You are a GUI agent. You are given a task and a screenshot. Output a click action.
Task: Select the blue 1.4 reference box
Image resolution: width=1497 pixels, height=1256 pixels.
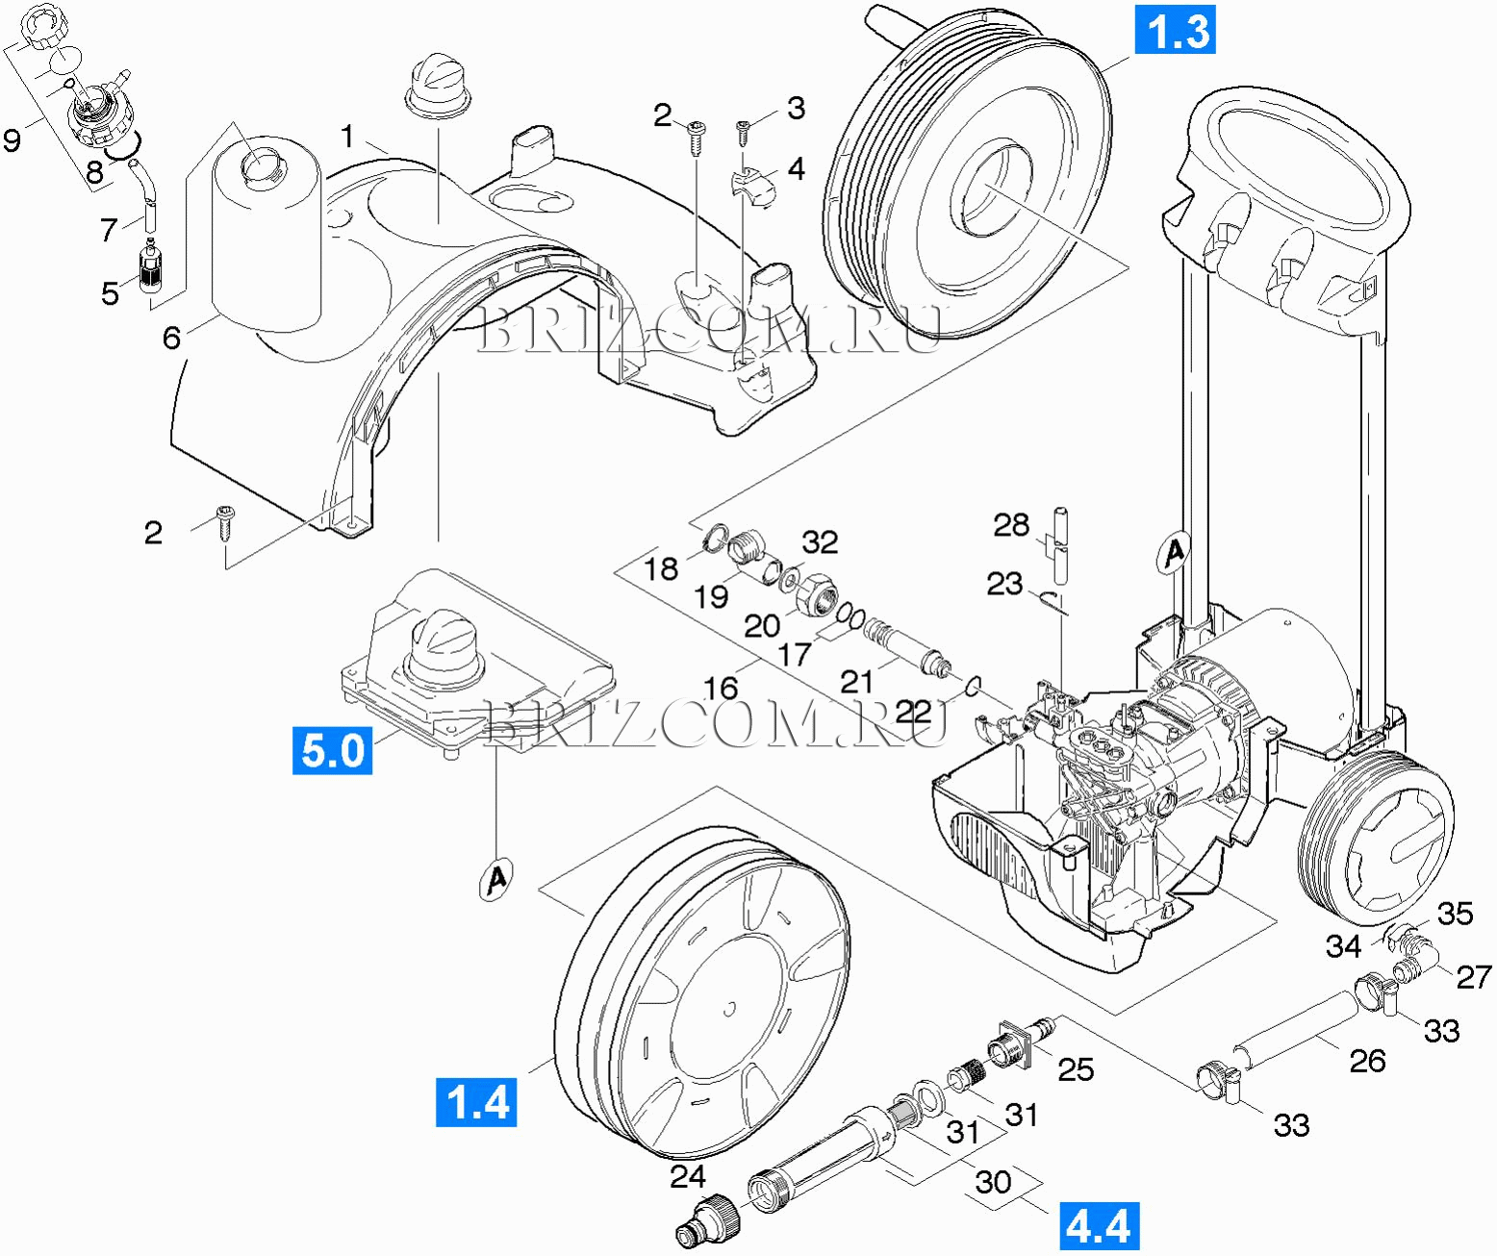click(476, 1101)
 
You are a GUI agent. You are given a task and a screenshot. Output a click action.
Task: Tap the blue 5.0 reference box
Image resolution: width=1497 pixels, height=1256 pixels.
click(332, 750)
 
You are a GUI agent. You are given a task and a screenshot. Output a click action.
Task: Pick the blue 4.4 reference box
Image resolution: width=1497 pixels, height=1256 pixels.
click(1100, 1227)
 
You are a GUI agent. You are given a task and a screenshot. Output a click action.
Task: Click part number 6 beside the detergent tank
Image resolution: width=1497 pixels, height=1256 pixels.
click(171, 338)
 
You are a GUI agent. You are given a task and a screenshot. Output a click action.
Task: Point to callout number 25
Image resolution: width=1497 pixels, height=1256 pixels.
click(1076, 1069)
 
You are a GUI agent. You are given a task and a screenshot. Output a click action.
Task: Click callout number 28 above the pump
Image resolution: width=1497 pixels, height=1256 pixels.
click(1011, 525)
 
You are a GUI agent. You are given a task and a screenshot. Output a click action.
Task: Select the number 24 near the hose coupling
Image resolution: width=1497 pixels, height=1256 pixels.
click(688, 1176)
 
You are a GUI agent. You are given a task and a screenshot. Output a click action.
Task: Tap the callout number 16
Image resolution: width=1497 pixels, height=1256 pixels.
click(721, 688)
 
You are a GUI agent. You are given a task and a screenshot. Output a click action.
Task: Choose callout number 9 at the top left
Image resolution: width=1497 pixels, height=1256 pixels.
click(12, 140)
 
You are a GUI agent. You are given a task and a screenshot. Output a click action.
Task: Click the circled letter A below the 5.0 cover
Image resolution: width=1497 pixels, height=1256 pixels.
click(496, 878)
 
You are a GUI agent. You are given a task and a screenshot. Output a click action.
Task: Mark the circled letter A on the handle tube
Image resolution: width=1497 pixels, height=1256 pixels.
click(1173, 553)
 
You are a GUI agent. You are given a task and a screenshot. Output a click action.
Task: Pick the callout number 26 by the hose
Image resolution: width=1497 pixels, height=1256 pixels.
click(1367, 1061)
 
